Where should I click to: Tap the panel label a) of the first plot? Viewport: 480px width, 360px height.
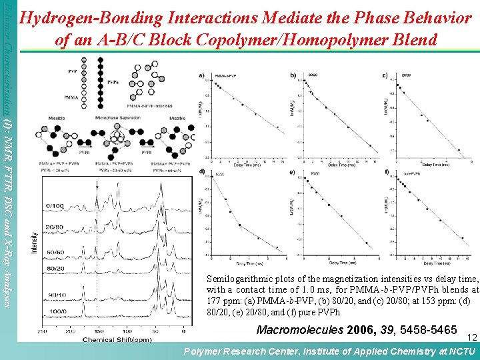coord(201,75)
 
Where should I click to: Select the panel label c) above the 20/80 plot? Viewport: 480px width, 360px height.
coord(385,75)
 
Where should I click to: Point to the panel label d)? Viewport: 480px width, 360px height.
coord(201,171)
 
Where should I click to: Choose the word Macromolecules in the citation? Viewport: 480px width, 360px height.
coord(292,329)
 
